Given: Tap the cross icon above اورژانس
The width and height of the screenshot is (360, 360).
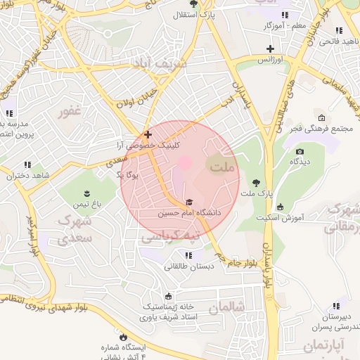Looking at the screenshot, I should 271,49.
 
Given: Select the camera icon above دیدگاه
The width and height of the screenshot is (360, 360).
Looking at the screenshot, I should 300,151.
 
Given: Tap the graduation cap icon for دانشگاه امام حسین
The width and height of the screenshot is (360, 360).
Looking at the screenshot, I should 188,202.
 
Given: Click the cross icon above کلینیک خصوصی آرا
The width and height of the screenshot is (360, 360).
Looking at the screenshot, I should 148,134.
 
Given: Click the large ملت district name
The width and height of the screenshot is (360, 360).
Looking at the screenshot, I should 223,167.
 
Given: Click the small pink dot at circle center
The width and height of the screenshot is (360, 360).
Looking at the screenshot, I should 184,163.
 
